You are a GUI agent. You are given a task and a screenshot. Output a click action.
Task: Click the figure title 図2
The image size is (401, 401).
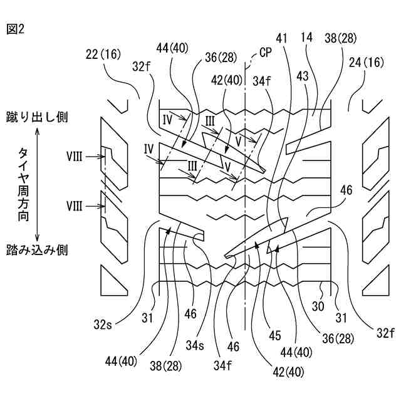pos(15,29)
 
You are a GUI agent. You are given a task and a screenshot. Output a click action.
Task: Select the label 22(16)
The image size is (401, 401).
pos(103,55)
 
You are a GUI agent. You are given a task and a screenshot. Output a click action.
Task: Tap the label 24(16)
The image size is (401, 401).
pos(367,62)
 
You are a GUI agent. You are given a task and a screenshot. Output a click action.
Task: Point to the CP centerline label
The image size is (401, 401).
pos(266,53)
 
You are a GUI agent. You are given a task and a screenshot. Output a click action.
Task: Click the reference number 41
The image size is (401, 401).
pos(281,39)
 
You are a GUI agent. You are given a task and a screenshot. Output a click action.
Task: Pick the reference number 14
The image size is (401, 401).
pos(306,38)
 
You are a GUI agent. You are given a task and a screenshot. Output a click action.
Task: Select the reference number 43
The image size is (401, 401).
pos(303,76)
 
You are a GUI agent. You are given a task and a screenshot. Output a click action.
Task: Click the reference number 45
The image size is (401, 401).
pos(275,335)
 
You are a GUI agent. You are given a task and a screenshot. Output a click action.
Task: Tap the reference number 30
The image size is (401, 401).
pos(318,306)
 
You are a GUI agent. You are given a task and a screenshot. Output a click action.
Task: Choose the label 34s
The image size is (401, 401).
pos(195,345)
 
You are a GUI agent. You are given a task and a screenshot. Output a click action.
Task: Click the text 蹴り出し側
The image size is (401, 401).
pos(37,118)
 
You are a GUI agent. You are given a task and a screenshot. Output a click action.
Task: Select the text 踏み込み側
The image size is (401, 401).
pos(37,250)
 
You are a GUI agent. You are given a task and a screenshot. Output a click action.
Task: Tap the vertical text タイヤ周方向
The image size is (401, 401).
pos(23,184)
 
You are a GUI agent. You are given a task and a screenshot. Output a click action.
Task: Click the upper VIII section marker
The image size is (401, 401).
pos(75,157)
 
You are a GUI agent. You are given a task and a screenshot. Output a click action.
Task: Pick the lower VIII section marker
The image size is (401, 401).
pos(75,206)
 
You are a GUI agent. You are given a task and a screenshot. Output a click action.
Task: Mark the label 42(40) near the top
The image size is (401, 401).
pos(227,80)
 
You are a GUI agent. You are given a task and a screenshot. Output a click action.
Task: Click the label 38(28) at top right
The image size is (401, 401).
pos(341,38)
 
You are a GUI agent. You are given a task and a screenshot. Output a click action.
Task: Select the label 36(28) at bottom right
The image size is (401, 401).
pos(338,339)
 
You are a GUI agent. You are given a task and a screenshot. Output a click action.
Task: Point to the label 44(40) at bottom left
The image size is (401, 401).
pos(121,362)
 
